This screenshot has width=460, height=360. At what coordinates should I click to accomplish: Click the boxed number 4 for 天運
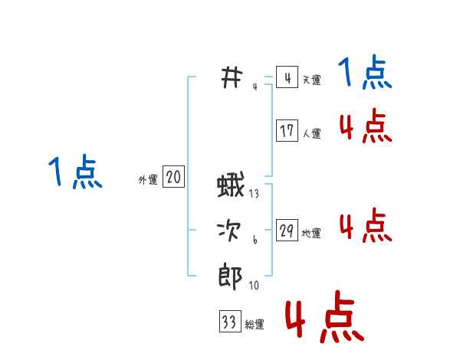click(287, 78)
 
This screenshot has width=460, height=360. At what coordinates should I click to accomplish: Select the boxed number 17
click(287, 131)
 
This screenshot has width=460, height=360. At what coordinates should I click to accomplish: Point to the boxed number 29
click(287, 231)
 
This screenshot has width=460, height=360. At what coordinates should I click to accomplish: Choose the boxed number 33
click(229, 322)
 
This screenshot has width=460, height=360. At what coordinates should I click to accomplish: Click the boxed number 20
click(173, 178)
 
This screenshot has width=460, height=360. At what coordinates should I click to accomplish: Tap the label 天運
click(311, 80)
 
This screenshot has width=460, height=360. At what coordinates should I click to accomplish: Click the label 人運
click(311, 133)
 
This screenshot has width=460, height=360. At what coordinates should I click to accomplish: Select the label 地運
click(311, 233)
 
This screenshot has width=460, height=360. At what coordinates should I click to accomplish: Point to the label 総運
click(255, 325)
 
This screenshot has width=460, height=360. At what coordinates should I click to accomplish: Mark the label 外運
click(148, 180)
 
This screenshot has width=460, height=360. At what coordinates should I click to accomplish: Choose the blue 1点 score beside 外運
click(75, 172)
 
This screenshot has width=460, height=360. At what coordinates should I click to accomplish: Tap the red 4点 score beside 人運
click(366, 127)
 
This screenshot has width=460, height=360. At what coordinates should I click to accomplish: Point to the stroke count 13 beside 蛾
click(255, 195)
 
